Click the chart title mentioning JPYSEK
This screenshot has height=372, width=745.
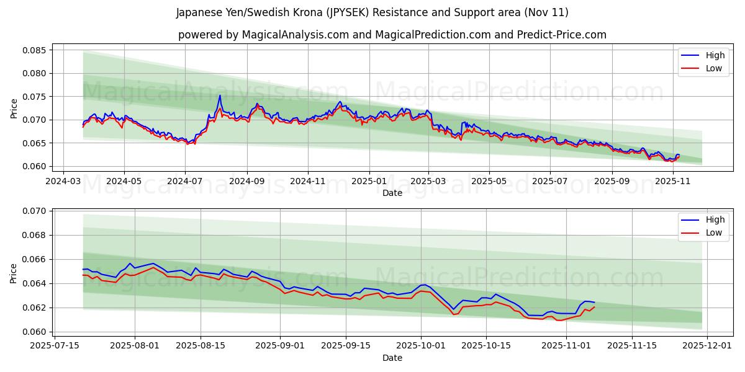tap(372, 12)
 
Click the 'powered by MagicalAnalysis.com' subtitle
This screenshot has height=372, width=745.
tap(392, 35)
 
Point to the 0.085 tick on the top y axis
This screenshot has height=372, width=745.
tap(35, 50)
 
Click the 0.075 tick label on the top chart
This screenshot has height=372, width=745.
tap(35, 97)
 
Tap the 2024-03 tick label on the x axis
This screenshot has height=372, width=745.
tap(65, 182)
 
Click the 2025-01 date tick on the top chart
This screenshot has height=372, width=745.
tap(369, 182)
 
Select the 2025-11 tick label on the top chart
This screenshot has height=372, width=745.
tap(673, 182)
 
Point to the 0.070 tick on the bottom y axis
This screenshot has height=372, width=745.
tap(35, 211)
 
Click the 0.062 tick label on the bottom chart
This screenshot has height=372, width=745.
tap(35, 308)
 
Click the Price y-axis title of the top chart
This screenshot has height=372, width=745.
tap(14, 108)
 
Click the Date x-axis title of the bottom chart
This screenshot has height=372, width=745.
tap(392, 358)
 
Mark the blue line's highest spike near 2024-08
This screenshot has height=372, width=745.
tap(220, 95)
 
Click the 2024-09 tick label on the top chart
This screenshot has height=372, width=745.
tap(247, 182)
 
